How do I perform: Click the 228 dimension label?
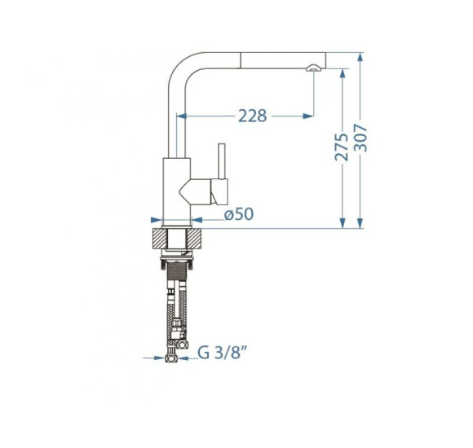point(253,116)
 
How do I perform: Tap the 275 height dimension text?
point(342,147)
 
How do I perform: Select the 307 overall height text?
point(360,138)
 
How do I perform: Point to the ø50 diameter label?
point(239,214)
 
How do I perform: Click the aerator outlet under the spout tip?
point(314,68)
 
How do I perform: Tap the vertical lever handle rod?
point(222,161)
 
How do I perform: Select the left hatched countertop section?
point(160,239)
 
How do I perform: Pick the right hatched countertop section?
point(194,239)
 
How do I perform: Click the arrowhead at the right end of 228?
point(308,116)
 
